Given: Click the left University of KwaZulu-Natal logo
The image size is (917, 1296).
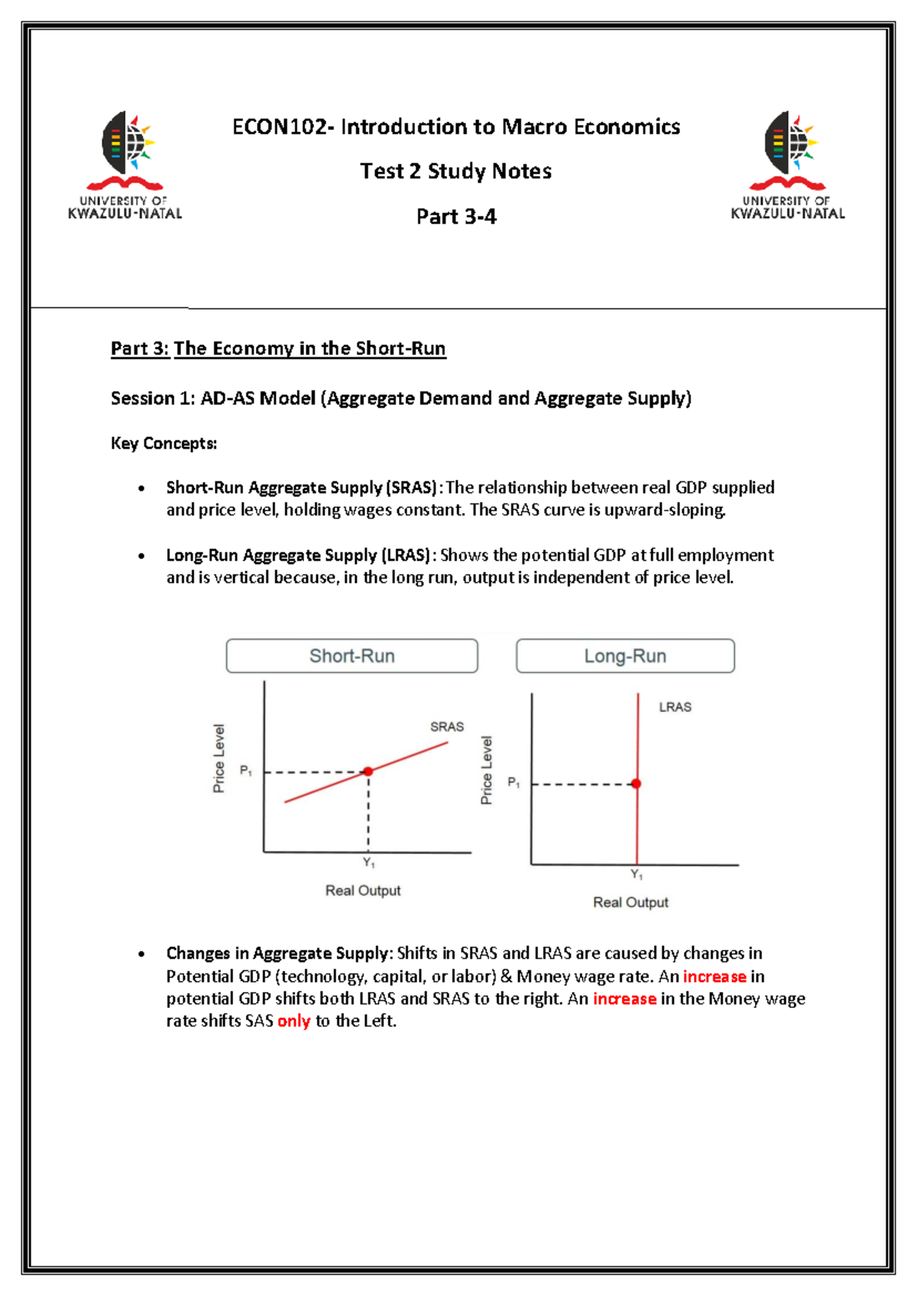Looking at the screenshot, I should pos(125,164).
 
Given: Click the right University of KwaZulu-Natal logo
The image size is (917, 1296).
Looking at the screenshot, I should pos(788,164).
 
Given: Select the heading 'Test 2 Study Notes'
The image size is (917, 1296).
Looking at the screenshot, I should pos(455,171).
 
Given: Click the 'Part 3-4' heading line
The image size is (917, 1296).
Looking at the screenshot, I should pos(456,217).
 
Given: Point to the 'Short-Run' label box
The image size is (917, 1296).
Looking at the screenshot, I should pos(352,656).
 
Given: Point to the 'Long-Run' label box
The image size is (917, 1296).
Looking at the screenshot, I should pos(625,656).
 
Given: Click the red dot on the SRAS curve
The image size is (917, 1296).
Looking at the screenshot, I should pos(368,771).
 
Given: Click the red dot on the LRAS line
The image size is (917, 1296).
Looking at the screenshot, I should pos(637,783).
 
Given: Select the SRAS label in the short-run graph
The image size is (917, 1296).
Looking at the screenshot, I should pos(447,727).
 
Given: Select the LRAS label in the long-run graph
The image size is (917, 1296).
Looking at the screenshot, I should pos(675,708).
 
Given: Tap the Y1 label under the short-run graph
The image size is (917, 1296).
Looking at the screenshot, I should pos(368,863).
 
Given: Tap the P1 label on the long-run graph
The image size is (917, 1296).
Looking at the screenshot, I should pos(514,782).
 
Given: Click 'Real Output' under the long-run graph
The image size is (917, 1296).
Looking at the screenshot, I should pos(630,902).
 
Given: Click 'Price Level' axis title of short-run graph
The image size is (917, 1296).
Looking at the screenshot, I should pos(219,758).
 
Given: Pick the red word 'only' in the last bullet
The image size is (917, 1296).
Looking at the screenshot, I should pos(293,1021).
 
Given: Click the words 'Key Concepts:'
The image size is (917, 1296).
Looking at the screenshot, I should pos(164,443).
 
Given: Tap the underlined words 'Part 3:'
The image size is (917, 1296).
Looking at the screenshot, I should pos(140,348).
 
